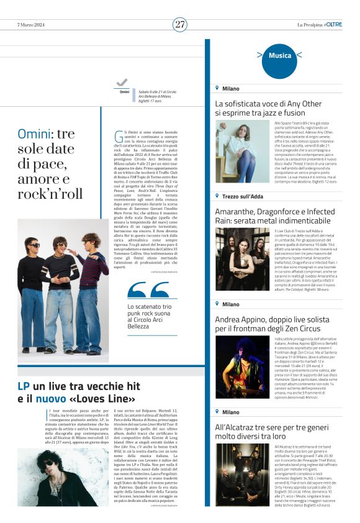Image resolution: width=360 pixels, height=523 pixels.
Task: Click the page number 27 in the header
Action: (180, 24)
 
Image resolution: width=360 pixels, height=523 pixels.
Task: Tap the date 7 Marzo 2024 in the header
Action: (32, 24)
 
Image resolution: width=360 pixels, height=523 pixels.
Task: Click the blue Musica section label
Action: (280, 56)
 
